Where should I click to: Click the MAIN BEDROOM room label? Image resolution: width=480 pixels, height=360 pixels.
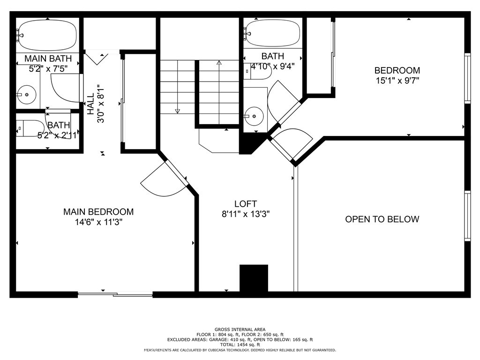point(98,212)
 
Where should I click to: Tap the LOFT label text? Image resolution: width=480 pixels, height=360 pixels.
point(246,204)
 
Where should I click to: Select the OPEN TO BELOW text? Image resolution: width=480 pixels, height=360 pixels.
point(382,219)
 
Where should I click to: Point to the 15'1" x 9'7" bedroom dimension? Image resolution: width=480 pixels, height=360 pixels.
point(397,81)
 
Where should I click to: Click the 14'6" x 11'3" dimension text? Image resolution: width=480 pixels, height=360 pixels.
point(98,222)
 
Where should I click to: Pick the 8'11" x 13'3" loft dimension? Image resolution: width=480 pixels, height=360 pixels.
point(246,214)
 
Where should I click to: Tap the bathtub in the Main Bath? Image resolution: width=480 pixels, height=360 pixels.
point(47,36)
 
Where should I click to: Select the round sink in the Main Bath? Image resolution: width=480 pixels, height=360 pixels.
point(27,95)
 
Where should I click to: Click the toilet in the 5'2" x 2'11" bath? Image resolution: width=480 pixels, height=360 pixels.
point(30,128)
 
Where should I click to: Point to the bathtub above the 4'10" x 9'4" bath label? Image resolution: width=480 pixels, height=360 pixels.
point(272,33)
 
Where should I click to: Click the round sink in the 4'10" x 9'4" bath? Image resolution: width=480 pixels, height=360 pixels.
point(254,116)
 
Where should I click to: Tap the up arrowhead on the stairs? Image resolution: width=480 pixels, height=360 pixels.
point(219,63)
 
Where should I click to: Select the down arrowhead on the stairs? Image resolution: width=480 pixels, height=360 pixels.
point(177,111)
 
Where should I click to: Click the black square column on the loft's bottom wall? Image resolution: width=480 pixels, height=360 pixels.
point(254,278)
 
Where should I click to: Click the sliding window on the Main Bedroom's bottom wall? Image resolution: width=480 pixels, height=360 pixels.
point(115,295)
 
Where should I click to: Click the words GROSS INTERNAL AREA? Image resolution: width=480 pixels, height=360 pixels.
point(240,330)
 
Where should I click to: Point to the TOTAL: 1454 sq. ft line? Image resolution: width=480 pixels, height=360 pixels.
point(240,345)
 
